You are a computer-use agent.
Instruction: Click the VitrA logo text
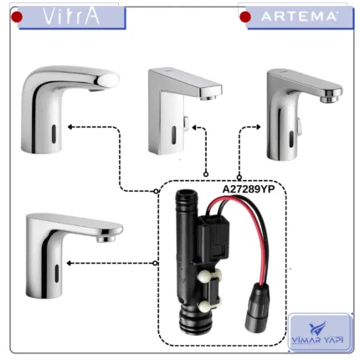(x=71, y=17)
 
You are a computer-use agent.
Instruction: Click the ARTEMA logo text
(x=299, y=17)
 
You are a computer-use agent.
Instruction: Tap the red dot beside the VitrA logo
(x=17, y=17)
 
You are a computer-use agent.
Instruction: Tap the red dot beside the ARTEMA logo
(x=245, y=17)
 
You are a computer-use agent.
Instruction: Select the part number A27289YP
(x=249, y=189)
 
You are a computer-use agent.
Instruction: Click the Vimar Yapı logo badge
(x=320, y=332)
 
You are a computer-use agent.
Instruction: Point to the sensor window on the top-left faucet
(x=54, y=134)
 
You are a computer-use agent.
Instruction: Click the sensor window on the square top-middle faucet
(x=173, y=135)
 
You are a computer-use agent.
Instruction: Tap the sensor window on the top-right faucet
(x=291, y=139)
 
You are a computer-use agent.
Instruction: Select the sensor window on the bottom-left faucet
(x=57, y=273)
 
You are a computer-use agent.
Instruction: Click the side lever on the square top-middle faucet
(x=186, y=124)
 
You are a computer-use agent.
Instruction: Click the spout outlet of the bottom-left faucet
(x=106, y=239)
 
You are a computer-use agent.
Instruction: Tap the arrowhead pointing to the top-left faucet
(x=70, y=127)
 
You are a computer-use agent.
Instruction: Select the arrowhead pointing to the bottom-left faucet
(x=69, y=263)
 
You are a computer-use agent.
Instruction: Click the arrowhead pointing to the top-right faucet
(x=258, y=127)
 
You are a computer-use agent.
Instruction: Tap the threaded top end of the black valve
(x=183, y=195)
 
